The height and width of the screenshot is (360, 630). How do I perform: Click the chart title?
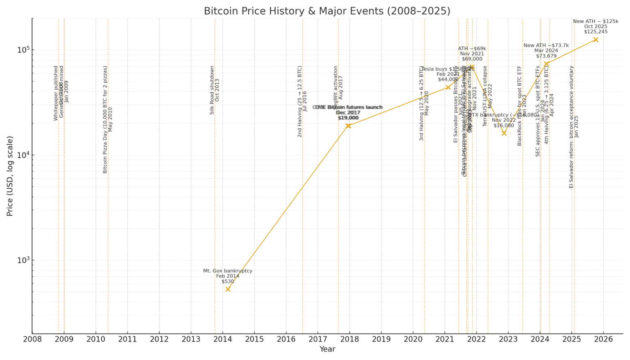point(327,11)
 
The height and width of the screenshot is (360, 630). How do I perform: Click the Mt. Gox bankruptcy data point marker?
point(228,289)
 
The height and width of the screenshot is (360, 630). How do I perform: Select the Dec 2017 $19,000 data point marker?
point(348,126)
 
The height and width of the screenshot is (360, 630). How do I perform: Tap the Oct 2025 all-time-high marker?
point(596,40)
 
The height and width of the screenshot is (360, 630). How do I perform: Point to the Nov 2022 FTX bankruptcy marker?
point(504,133)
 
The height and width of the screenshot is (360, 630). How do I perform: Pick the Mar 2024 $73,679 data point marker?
point(546,64)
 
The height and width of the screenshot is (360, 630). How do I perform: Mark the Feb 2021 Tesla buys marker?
point(448,87)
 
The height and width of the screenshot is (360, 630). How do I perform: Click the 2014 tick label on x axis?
point(223,339)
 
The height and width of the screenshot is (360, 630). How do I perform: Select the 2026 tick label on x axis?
point(603,339)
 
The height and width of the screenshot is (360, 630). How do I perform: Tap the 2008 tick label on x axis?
point(32,339)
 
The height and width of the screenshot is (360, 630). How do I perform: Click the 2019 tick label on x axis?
point(381,339)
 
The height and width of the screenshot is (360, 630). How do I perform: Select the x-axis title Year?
point(327,349)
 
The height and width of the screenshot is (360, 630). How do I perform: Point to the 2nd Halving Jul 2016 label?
point(302,101)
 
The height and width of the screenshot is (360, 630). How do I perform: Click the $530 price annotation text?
point(228,281)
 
